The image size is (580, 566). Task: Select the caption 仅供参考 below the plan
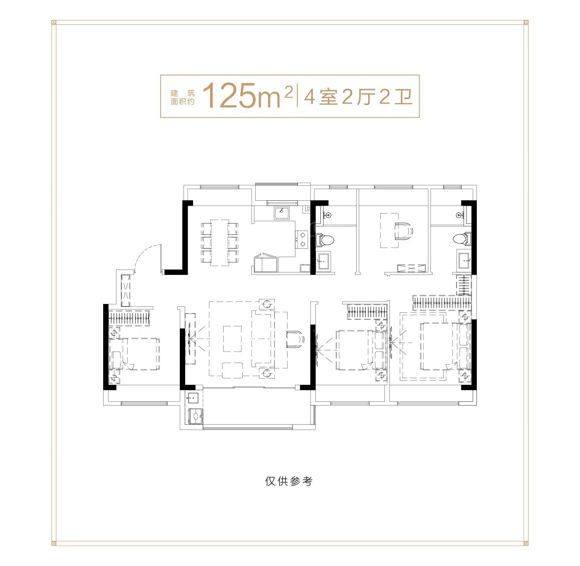[288, 481]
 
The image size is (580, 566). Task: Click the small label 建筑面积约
[182, 97]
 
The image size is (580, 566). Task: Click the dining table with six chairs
[220, 243]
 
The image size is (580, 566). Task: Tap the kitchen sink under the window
[281, 213]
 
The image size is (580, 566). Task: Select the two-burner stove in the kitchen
[301, 240]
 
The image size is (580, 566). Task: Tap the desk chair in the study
[404, 231]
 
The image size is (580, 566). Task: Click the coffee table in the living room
[232, 338]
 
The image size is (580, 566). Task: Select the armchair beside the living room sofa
[295, 339]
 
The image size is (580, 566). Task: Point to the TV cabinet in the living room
[190, 338]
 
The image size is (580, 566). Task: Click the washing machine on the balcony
[196, 416]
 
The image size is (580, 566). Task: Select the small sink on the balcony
[193, 398]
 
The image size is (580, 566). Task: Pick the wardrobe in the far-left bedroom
[128, 318]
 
